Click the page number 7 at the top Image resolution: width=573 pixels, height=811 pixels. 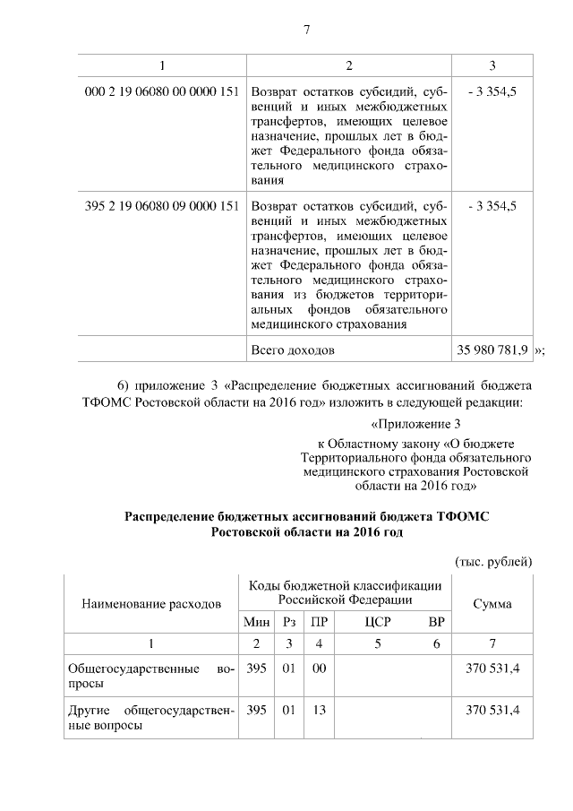(x=306, y=30)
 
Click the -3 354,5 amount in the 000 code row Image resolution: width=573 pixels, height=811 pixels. (x=492, y=91)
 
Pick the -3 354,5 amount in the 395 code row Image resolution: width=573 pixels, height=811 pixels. (x=492, y=205)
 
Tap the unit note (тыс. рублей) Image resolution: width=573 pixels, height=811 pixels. (x=494, y=561)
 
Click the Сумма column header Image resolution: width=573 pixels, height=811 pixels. (x=492, y=604)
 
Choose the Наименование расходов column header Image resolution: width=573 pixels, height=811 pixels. (x=151, y=604)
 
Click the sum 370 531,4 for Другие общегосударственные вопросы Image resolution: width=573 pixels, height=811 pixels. (x=492, y=711)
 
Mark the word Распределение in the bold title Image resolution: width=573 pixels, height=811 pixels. (x=173, y=516)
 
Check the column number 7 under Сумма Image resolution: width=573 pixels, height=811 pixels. (x=492, y=643)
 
